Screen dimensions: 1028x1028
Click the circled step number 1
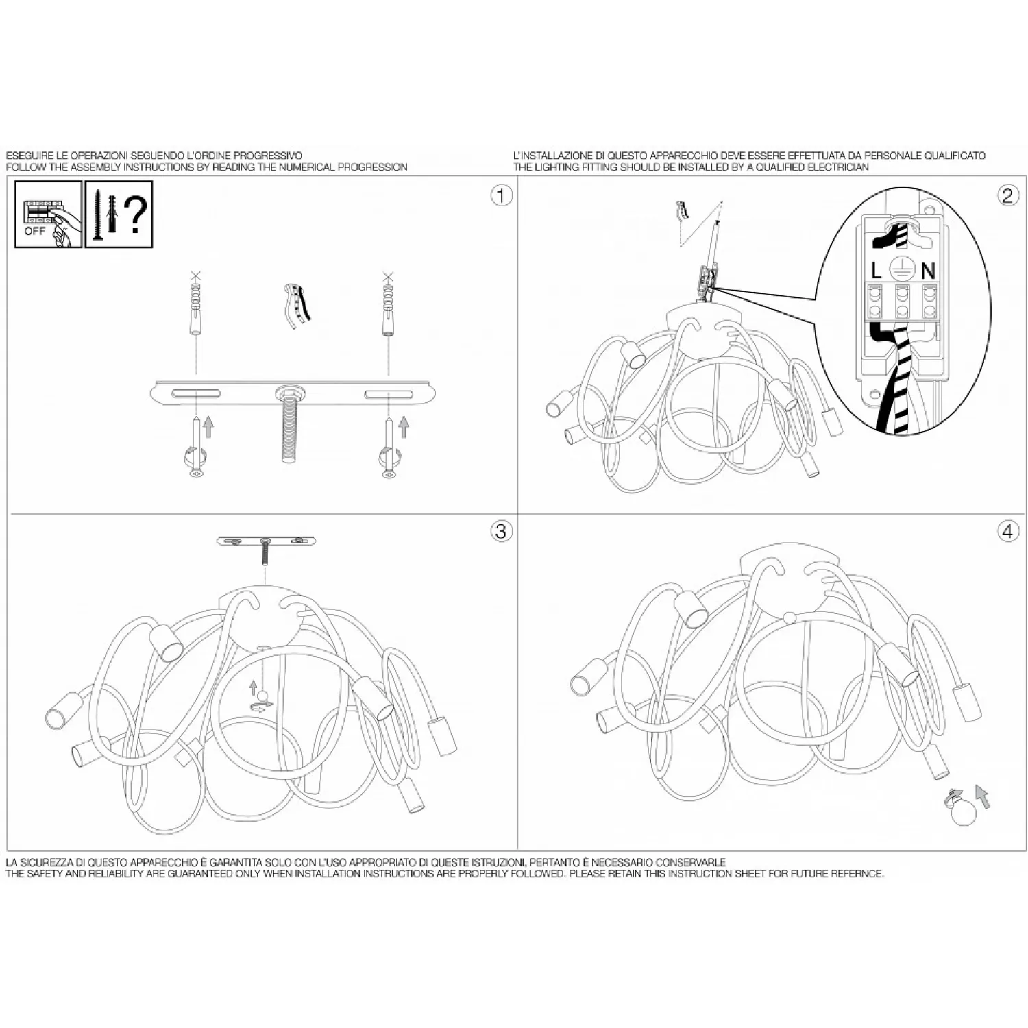click(501, 196)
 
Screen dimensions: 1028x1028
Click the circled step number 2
click(1007, 196)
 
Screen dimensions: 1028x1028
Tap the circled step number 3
click(501, 531)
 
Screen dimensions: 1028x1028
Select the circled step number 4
click(1007, 531)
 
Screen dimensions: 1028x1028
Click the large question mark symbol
click(136, 214)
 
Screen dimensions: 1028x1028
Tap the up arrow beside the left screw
click(209, 427)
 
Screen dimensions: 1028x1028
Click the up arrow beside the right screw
click(403, 427)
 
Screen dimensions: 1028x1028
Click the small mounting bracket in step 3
click(267, 541)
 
